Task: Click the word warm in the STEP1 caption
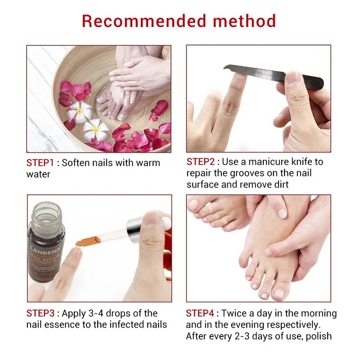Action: point(145,163)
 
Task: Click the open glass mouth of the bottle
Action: point(47,208)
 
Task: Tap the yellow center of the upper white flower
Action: point(80,109)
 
